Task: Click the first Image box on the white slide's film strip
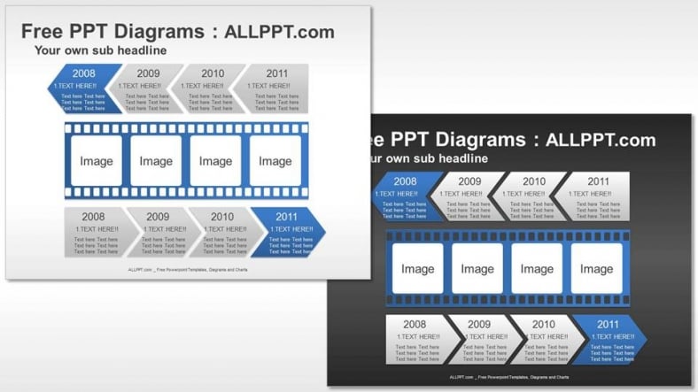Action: point(96,161)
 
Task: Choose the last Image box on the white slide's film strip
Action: point(275,161)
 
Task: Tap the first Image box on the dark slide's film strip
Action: point(417,269)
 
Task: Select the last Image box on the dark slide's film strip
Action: point(596,269)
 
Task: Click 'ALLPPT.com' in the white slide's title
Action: point(279,32)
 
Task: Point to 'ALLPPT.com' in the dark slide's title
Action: point(601,140)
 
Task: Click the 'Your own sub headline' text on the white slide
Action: point(100,50)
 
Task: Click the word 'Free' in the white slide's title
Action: point(46,32)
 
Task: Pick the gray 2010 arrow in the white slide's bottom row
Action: point(221,232)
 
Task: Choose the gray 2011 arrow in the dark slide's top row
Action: point(598,196)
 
